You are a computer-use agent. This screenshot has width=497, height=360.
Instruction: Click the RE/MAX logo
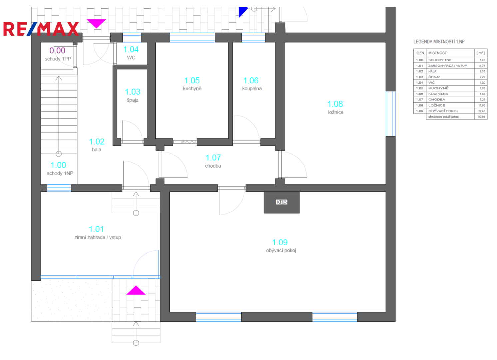coord(41,29)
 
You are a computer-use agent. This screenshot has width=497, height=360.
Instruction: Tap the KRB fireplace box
coord(281,202)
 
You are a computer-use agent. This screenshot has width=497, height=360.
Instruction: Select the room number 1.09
coord(280,242)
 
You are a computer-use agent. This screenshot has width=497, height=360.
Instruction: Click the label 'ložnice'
coord(336,112)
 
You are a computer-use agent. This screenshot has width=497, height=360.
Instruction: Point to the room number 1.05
coord(192,80)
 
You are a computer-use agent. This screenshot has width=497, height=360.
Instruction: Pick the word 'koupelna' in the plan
coord(252,88)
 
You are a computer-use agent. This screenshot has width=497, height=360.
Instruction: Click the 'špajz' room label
coord(133,100)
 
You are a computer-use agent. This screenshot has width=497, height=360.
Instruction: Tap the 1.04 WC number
coord(131,49)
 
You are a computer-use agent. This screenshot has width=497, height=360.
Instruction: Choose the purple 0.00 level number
coord(57,50)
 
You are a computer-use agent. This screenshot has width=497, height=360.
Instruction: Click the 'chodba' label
coord(213,166)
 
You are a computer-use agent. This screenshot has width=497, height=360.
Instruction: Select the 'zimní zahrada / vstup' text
coord(98,237)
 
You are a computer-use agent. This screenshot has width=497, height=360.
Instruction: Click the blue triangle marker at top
coord(243,11)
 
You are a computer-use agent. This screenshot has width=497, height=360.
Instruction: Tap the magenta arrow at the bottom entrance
coord(136,291)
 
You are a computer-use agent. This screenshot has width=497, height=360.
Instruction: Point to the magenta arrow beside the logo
coord(96,23)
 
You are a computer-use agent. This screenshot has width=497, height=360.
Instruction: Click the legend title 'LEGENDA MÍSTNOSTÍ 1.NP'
coord(439,42)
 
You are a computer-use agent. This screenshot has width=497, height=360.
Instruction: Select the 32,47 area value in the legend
coord(481,111)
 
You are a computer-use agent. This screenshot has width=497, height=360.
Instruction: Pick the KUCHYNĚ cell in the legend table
coord(438,88)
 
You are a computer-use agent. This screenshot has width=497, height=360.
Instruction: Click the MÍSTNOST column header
coord(438,53)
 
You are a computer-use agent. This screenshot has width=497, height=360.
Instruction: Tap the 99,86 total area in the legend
coord(481,117)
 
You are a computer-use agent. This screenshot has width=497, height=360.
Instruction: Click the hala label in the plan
coord(97,150)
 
